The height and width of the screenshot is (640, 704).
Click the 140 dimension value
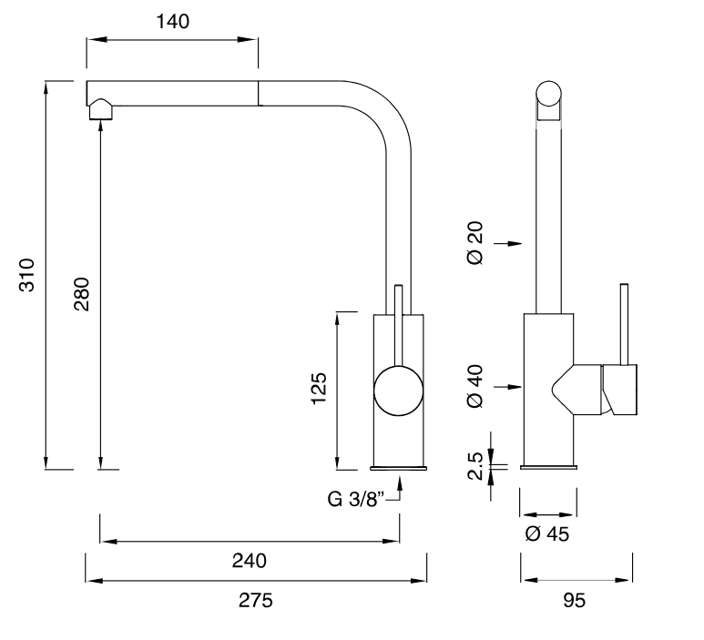click(172, 21)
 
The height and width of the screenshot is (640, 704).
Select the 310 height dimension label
click(27, 274)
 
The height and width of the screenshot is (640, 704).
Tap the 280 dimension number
click(81, 293)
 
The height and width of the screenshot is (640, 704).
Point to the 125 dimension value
click(318, 391)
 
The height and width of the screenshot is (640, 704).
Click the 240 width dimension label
click(248, 561)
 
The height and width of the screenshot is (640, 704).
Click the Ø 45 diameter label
click(546, 534)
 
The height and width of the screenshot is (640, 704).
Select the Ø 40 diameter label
click(475, 388)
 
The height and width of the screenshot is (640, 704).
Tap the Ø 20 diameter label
click(475, 243)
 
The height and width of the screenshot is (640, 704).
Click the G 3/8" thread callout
click(357, 499)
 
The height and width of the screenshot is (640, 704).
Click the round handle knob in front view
click(399, 390)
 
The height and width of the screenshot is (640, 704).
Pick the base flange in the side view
click(548, 467)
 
